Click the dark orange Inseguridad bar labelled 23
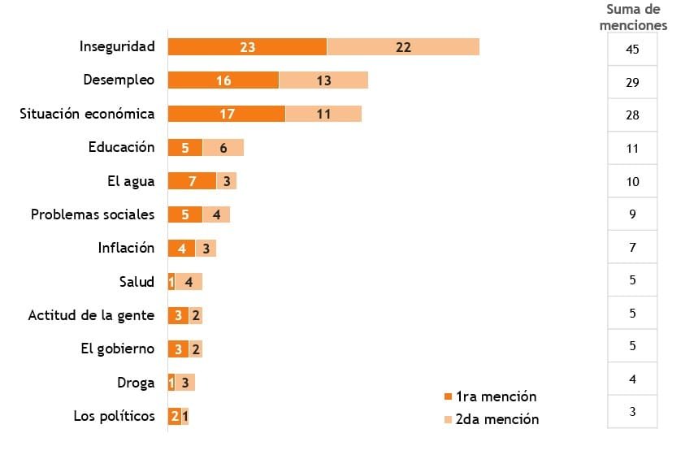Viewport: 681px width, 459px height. click(x=247, y=47)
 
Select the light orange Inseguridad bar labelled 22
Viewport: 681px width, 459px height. click(x=403, y=47)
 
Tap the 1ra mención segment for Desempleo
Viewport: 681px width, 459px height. click(x=223, y=80)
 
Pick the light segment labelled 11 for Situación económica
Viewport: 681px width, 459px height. click(x=323, y=114)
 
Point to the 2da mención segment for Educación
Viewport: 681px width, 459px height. click(x=223, y=148)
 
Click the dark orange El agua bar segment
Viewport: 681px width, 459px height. click(x=192, y=181)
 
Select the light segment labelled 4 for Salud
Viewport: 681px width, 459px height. click(x=189, y=282)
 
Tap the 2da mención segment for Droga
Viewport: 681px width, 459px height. click(x=185, y=383)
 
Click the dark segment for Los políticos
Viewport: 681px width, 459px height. click(x=175, y=416)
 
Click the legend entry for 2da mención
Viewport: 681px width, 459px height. click(x=490, y=419)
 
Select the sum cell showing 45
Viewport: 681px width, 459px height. click(x=632, y=50)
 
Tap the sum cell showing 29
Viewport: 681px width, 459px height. click(x=632, y=83)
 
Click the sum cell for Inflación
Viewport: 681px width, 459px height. click(x=632, y=247)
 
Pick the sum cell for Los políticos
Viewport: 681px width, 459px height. click(x=632, y=412)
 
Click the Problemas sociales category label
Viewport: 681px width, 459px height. click(x=93, y=214)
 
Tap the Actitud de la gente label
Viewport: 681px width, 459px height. click(x=91, y=315)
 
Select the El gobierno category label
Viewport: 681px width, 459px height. click(x=117, y=349)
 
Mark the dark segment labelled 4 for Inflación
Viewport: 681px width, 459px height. click(x=181, y=249)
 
